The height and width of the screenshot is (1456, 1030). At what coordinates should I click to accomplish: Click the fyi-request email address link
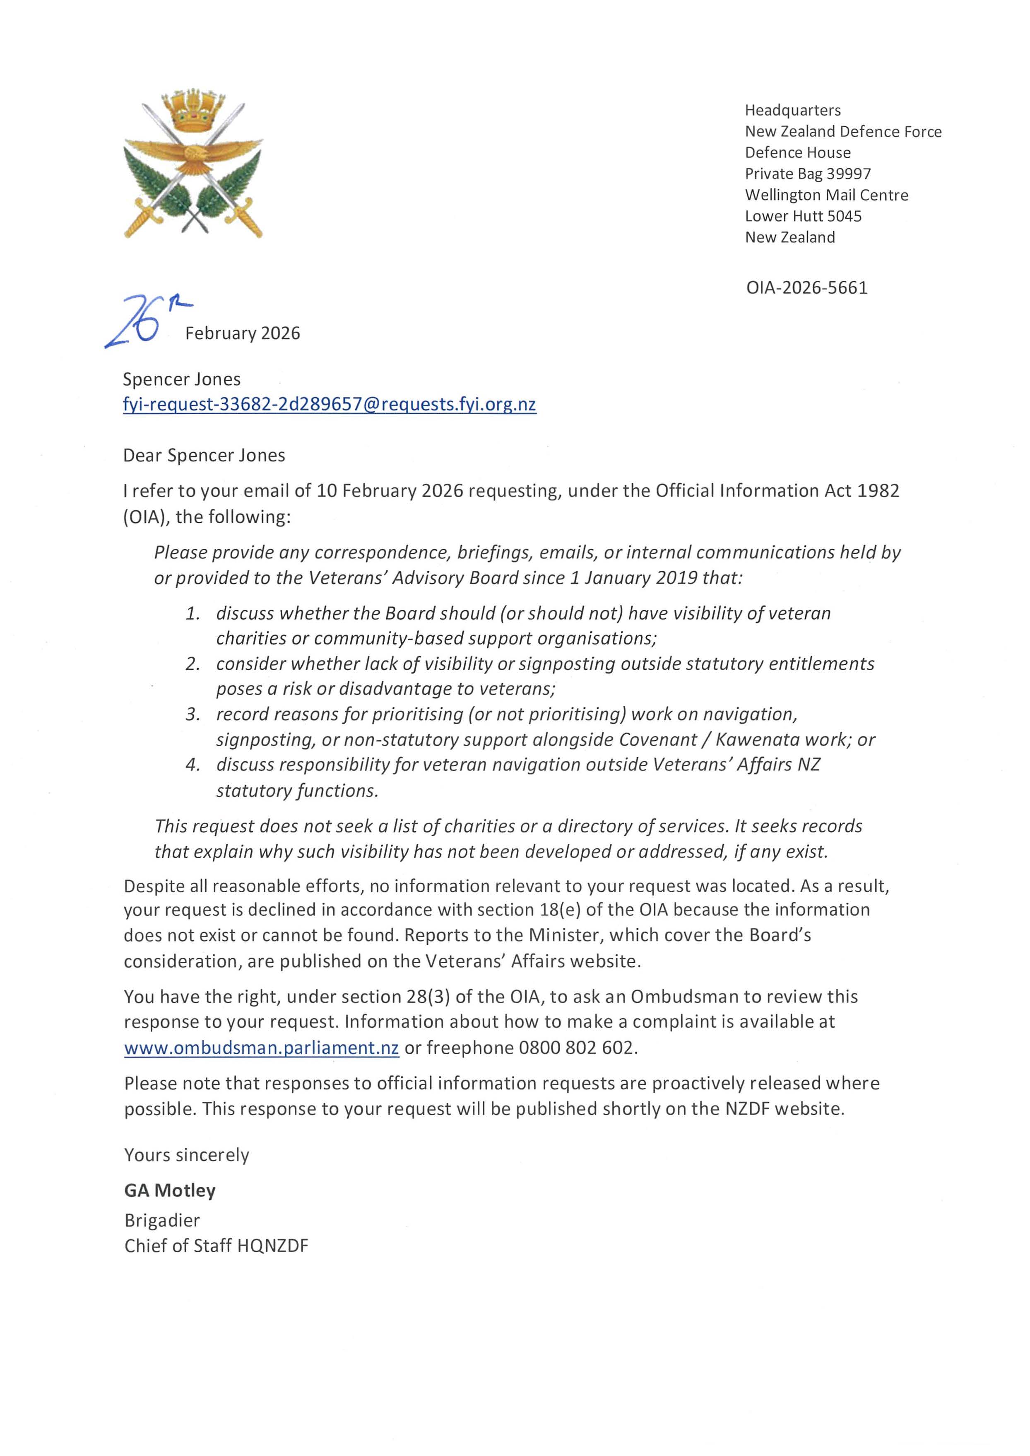point(329,405)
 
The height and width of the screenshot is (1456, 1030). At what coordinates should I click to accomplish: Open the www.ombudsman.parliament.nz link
point(261,1048)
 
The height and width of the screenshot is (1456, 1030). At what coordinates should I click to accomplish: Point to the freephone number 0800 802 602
point(577,1048)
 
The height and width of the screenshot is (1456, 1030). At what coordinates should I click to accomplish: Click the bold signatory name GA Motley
point(170,1190)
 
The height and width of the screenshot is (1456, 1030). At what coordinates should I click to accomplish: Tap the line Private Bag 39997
point(807,174)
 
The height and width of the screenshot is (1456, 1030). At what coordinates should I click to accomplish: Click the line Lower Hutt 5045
point(803,216)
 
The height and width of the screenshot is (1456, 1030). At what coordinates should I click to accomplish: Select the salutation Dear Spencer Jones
point(204,456)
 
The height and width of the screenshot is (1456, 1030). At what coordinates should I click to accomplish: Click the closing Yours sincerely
point(186,1154)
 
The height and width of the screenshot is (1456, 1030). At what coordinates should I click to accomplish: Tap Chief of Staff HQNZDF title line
point(216,1246)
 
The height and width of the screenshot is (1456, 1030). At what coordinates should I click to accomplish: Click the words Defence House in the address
point(797,153)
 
